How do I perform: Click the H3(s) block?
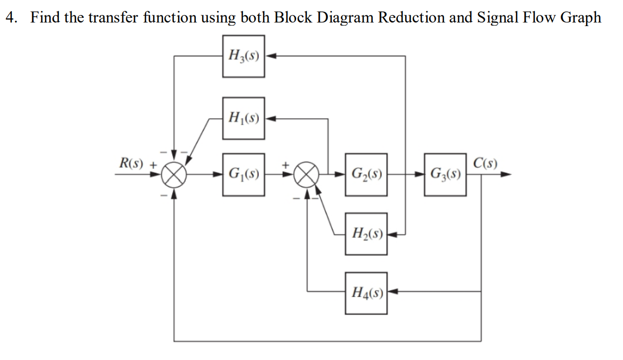pyautogui.click(x=243, y=56)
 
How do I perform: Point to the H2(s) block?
pyautogui.click(x=366, y=234)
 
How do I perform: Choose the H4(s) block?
pyautogui.click(x=366, y=292)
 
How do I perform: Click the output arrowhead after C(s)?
pyautogui.click(x=506, y=175)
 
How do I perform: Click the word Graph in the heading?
pyautogui.click(x=581, y=17)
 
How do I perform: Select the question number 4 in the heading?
pyautogui.click(x=10, y=17)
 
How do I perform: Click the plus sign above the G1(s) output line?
pyautogui.click(x=286, y=165)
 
